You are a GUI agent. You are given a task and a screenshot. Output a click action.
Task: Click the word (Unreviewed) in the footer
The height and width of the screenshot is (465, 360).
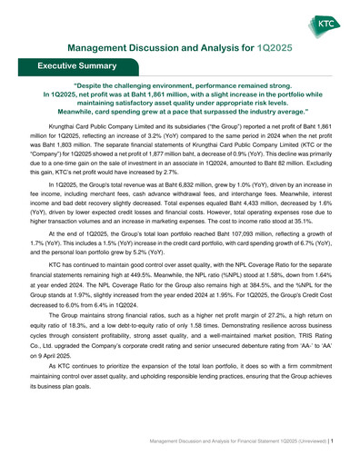pos(311,439)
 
